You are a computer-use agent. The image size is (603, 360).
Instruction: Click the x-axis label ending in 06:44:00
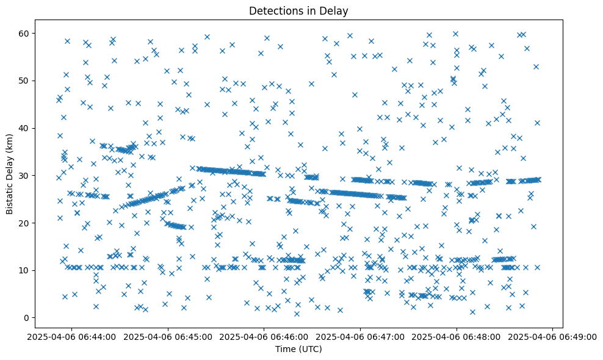71,336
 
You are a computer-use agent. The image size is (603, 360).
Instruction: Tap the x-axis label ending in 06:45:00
167,336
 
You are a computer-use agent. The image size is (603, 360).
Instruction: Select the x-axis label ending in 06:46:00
264,336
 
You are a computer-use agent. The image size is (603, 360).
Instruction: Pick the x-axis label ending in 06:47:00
360,336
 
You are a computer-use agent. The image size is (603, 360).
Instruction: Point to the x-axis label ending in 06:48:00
457,336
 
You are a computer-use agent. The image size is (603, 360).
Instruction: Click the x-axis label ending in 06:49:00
553,336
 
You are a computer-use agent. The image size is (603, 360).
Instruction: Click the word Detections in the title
275,10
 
